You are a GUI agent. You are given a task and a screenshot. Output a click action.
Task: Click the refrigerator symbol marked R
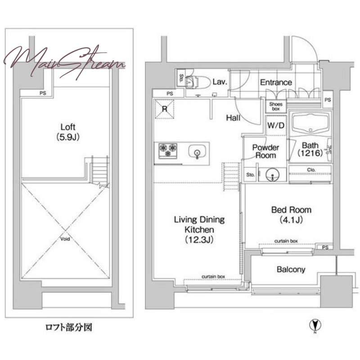164,109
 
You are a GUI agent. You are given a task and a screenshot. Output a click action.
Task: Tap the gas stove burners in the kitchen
168,151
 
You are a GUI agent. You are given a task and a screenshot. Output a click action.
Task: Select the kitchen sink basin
197,152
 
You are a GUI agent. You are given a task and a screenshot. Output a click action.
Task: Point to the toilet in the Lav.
198,82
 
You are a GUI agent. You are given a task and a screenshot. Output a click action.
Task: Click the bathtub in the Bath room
310,123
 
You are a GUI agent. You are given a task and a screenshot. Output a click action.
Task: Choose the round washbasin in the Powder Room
272,175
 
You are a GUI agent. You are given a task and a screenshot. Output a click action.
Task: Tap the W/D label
276,126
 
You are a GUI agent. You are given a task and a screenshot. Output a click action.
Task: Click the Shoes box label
276,106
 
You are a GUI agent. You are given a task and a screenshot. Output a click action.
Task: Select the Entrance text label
276,82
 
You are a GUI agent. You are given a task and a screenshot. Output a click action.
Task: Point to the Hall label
233,118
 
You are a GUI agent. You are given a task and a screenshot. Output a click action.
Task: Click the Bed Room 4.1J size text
291,220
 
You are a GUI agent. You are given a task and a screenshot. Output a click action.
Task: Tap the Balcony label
291,269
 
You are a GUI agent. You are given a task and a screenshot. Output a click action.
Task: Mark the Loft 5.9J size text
68,137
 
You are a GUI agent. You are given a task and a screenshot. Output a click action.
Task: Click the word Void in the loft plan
65,239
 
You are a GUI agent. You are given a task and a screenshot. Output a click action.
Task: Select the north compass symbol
315,325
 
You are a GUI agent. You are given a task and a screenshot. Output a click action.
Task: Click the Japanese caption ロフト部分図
69,327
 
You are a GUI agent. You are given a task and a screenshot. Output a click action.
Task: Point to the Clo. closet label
311,170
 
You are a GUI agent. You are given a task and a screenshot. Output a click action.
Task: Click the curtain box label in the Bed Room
286,241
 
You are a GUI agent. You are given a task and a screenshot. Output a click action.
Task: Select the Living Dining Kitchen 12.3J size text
199,240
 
